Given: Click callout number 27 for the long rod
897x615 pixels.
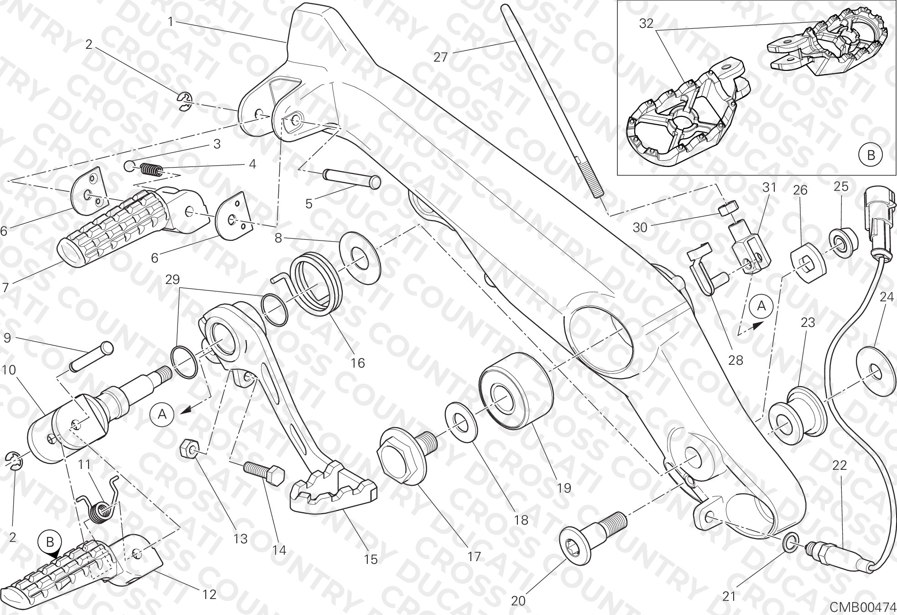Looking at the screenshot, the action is pos(441,58).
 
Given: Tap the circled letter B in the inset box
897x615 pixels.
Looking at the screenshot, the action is pos(871,155).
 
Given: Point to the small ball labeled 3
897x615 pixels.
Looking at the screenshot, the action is pos(130,165).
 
